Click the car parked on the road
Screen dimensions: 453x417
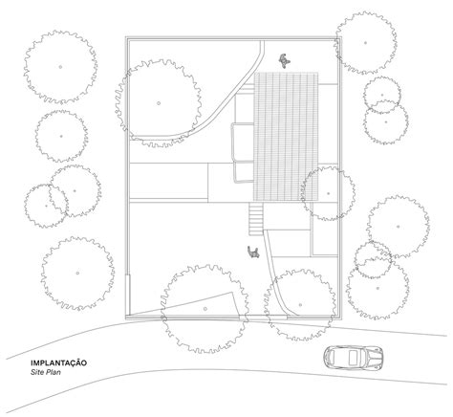(x=353, y=357)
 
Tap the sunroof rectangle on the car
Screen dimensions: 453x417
(x=353, y=358)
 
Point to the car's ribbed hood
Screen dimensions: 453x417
(x=374, y=358)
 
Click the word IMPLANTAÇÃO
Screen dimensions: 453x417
(x=58, y=362)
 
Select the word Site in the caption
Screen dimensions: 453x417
(x=37, y=372)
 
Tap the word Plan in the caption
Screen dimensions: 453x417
(x=54, y=372)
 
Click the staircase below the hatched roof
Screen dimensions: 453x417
(x=256, y=219)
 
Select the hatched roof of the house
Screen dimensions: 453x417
(x=286, y=137)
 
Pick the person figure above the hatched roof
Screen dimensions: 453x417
(x=285, y=60)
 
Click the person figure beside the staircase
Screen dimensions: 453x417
(x=253, y=252)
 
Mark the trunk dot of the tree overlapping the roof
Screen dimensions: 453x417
(x=328, y=193)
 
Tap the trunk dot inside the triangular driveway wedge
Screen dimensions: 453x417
(x=205, y=309)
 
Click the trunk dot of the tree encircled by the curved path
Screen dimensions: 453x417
(x=159, y=103)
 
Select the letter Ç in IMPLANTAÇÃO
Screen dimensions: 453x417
(x=75, y=362)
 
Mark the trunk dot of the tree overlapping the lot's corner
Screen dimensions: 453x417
(x=365, y=42)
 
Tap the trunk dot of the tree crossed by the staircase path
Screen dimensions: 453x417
(x=300, y=305)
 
